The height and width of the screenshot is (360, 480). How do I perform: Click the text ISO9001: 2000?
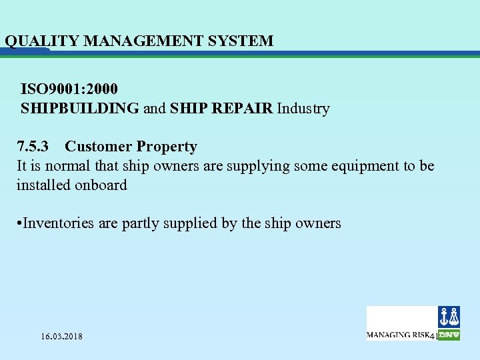click(x=70, y=89)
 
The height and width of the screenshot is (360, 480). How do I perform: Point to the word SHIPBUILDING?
click(x=80, y=108)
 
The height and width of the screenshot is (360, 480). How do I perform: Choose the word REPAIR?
click(x=241, y=108)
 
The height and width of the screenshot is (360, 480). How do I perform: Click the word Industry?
click(x=303, y=108)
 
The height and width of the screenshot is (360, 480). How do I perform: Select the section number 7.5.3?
click(x=35, y=147)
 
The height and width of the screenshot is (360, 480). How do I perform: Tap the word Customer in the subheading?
click(x=97, y=147)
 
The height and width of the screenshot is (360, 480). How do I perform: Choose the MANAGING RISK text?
click(x=398, y=335)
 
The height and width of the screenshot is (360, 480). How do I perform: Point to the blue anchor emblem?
click(x=449, y=317)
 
